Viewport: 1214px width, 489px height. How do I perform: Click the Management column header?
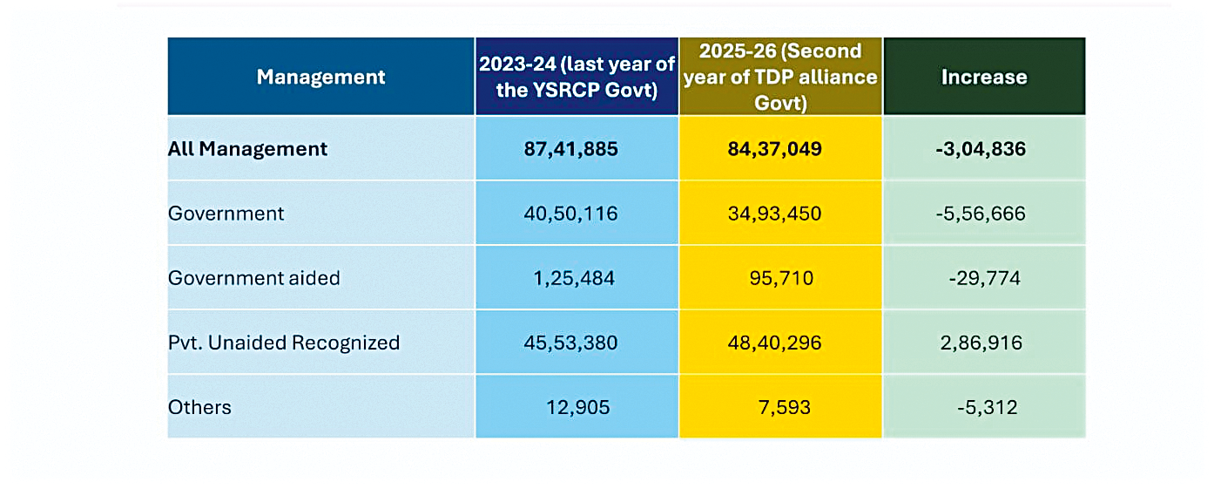point(320,77)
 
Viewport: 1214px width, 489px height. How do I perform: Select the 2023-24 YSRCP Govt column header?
point(577,77)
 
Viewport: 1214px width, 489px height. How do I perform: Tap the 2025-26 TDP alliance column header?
point(780,77)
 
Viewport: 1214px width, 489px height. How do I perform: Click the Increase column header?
point(984,77)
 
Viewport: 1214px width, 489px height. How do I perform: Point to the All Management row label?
point(247,149)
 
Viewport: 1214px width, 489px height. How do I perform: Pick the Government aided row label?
point(254,278)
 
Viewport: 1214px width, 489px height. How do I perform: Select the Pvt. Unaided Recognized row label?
point(284,343)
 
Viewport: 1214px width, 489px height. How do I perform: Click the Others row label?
point(199,407)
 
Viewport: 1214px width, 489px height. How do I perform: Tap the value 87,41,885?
point(570,149)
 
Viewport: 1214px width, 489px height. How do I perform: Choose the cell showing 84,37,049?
point(774,149)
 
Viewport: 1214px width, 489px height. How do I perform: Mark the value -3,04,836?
point(981,149)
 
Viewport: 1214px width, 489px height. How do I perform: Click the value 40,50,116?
point(570,214)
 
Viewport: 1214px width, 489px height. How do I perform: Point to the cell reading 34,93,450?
point(774,214)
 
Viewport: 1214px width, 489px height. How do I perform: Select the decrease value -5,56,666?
point(981,214)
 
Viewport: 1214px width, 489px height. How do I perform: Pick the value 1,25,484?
point(574,278)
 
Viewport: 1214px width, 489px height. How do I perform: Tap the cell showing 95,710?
point(781,278)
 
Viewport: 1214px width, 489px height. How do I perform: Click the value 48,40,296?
point(774,343)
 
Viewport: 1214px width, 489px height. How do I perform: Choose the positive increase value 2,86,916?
point(981,343)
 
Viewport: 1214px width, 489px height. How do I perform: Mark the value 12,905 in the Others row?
point(577,408)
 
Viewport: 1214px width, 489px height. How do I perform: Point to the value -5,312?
point(987,408)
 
